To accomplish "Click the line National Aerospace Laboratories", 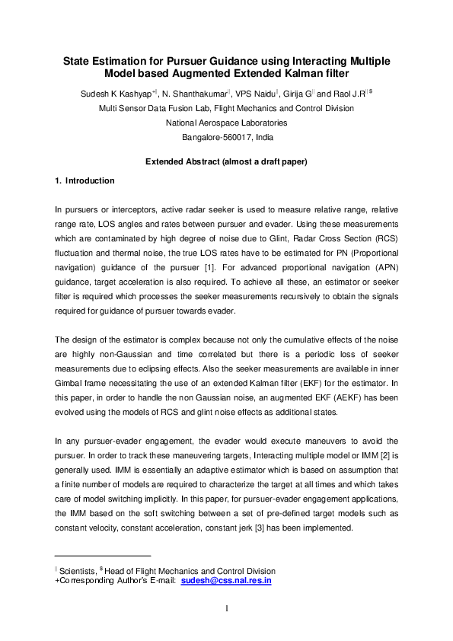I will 226,123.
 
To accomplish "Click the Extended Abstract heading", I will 226,161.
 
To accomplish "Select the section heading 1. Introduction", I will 85,181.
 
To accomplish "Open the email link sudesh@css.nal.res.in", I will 230,581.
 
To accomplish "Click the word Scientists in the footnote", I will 80,571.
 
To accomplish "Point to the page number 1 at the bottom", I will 226,608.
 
